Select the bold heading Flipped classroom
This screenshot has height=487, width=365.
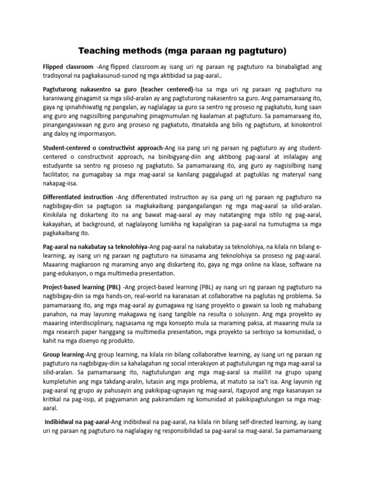point(68,68)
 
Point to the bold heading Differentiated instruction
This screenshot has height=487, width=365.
point(77,196)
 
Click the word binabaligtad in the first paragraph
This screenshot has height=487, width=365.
point(293,68)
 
